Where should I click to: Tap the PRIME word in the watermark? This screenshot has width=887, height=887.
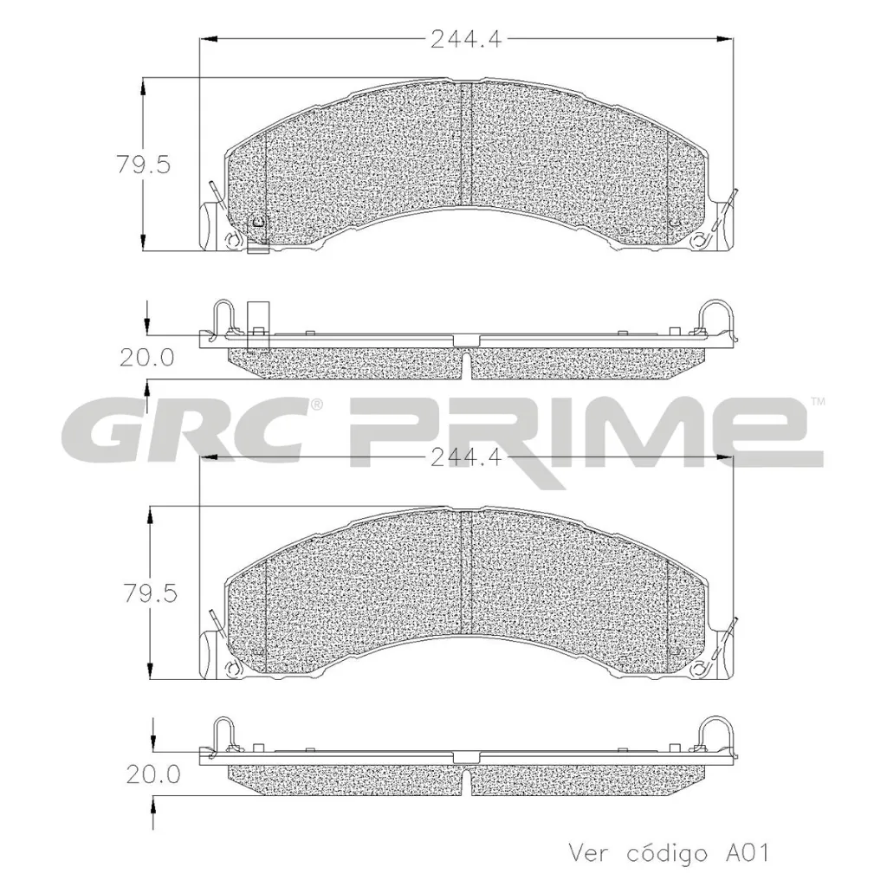[x=580, y=431]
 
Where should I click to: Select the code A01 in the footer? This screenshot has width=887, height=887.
[x=745, y=852]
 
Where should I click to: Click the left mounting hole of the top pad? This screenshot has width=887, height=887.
[x=231, y=240]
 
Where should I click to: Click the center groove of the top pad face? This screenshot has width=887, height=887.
[x=466, y=143]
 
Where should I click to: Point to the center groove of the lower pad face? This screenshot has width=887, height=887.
[x=466, y=572]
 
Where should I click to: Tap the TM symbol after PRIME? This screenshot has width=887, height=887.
[x=818, y=401]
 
